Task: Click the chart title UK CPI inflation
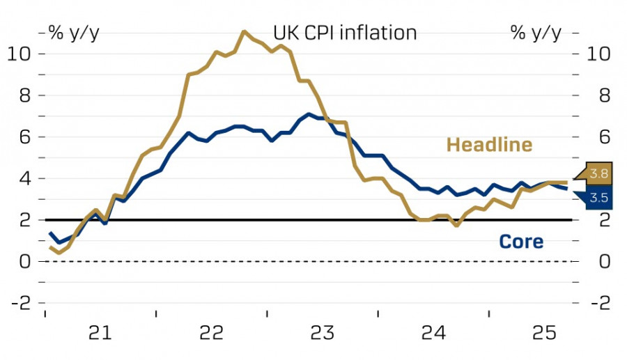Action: [x=345, y=33]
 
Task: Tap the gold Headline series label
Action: [x=489, y=145]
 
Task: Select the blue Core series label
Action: [x=521, y=242]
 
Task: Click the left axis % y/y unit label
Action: [x=73, y=33]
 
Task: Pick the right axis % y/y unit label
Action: [x=536, y=33]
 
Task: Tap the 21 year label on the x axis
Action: [x=100, y=334]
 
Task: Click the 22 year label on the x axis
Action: [x=211, y=334]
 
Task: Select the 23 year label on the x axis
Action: [x=323, y=334]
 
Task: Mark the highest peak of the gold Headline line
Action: [x=244, y=31]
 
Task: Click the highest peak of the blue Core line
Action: [x=309, y=114]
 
